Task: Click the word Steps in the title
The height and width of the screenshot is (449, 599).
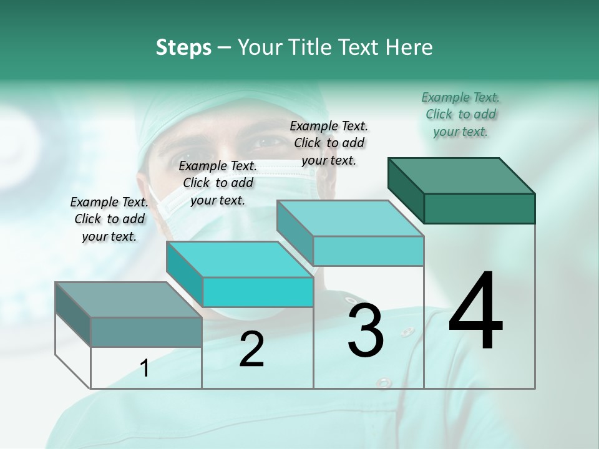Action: (x=183, y=47)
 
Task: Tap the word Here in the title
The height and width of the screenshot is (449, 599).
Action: (x=406, y=47)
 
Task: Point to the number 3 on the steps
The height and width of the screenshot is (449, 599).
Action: (x=365, y=330)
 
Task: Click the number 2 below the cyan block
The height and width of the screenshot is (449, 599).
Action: (x=251, y=349)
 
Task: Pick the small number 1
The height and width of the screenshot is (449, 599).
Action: (x=145, y=368)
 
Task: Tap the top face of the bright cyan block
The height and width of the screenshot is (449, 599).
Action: (x=240, y=259)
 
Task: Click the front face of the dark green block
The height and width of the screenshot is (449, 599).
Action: (x=479, y=208)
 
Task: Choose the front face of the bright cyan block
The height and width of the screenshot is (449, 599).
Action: (x=258, y=292)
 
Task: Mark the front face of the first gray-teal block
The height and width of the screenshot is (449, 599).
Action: (x=146, y=332)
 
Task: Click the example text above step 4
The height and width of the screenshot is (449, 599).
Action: (x=460, y=114)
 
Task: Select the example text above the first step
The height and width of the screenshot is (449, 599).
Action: (x=109, y=219)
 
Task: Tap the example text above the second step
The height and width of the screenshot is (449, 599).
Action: (x=218, y=183)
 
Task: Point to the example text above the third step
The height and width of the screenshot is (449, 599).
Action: (x=329, y=143)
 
